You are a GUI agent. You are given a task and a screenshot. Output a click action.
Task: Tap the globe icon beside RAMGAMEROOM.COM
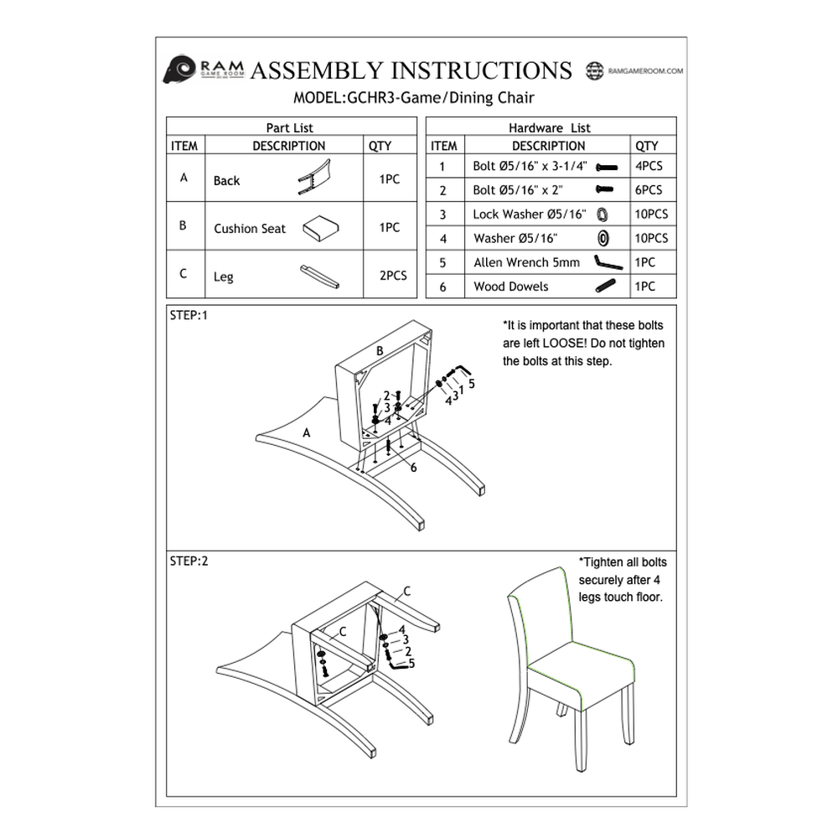click(595, 71)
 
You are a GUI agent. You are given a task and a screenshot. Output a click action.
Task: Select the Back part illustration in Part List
click(314, 177)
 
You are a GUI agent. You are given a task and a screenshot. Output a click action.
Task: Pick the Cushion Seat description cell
click(250, 228)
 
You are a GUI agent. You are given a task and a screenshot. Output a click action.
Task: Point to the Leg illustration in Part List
click(319, 277)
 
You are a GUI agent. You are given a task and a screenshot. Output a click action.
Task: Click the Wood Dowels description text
click(510, 286)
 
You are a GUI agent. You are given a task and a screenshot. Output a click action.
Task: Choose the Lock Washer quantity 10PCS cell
click(651, 214)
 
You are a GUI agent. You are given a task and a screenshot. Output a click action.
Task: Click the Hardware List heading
click(549, 128)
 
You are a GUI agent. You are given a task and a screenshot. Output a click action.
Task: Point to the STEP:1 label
click(188, 316)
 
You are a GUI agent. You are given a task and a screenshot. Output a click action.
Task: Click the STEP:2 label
click(189, 561)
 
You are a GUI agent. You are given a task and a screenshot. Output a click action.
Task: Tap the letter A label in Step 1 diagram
click(307, 432)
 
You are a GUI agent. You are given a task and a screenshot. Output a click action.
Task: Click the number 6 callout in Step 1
click(413, 468)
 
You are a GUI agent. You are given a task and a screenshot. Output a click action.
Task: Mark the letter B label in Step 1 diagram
click(380, 350)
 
